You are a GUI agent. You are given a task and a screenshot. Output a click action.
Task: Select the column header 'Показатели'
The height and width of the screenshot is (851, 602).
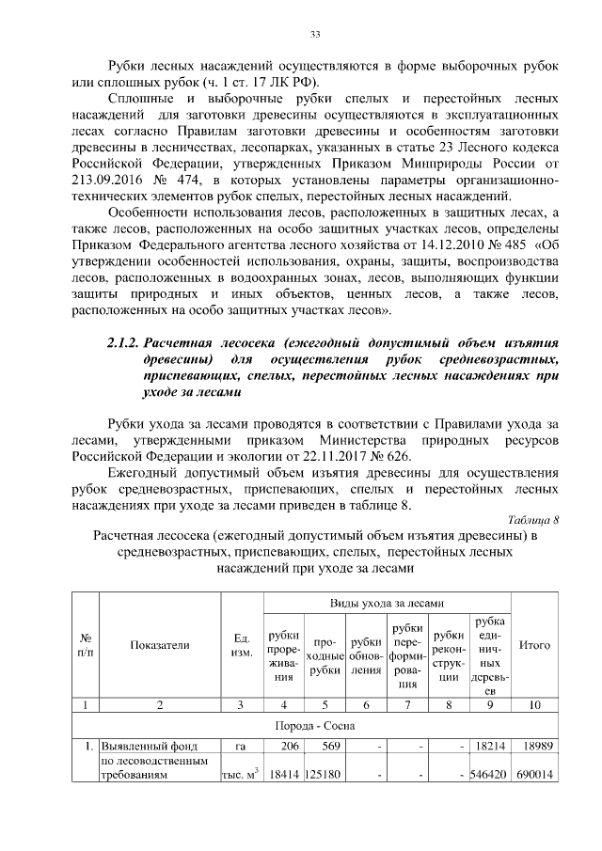pos(159,645)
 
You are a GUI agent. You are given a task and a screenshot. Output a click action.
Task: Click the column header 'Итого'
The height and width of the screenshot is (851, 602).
pos(534,645)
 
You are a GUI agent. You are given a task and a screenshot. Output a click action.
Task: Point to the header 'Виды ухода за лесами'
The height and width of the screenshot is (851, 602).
pos(387,602)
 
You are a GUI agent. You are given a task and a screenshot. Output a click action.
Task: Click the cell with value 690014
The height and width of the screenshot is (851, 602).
pos(535,777)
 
